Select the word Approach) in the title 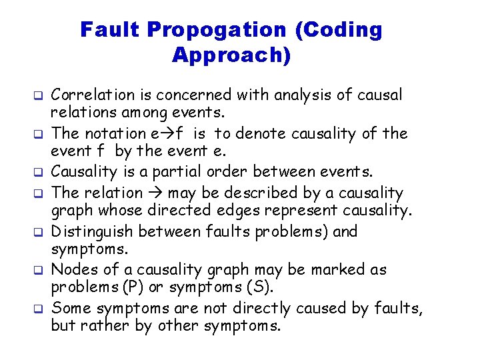[231, 55]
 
